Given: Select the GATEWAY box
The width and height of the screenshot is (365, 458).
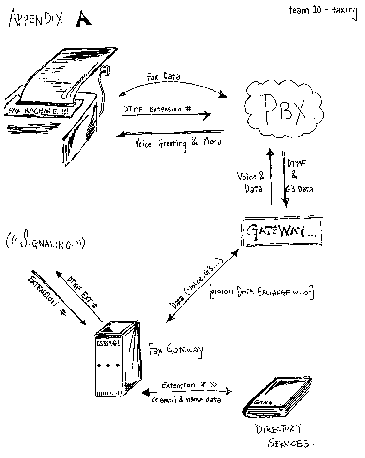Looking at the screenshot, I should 283,232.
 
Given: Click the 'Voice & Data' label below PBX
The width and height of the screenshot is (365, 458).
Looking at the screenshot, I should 250,183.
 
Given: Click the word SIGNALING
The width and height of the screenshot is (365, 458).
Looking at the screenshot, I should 46,242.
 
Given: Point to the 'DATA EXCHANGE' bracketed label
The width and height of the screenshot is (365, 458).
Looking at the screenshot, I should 261,292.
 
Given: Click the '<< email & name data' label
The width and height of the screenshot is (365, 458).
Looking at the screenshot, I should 186,400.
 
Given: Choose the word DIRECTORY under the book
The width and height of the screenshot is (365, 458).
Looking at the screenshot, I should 278,429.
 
